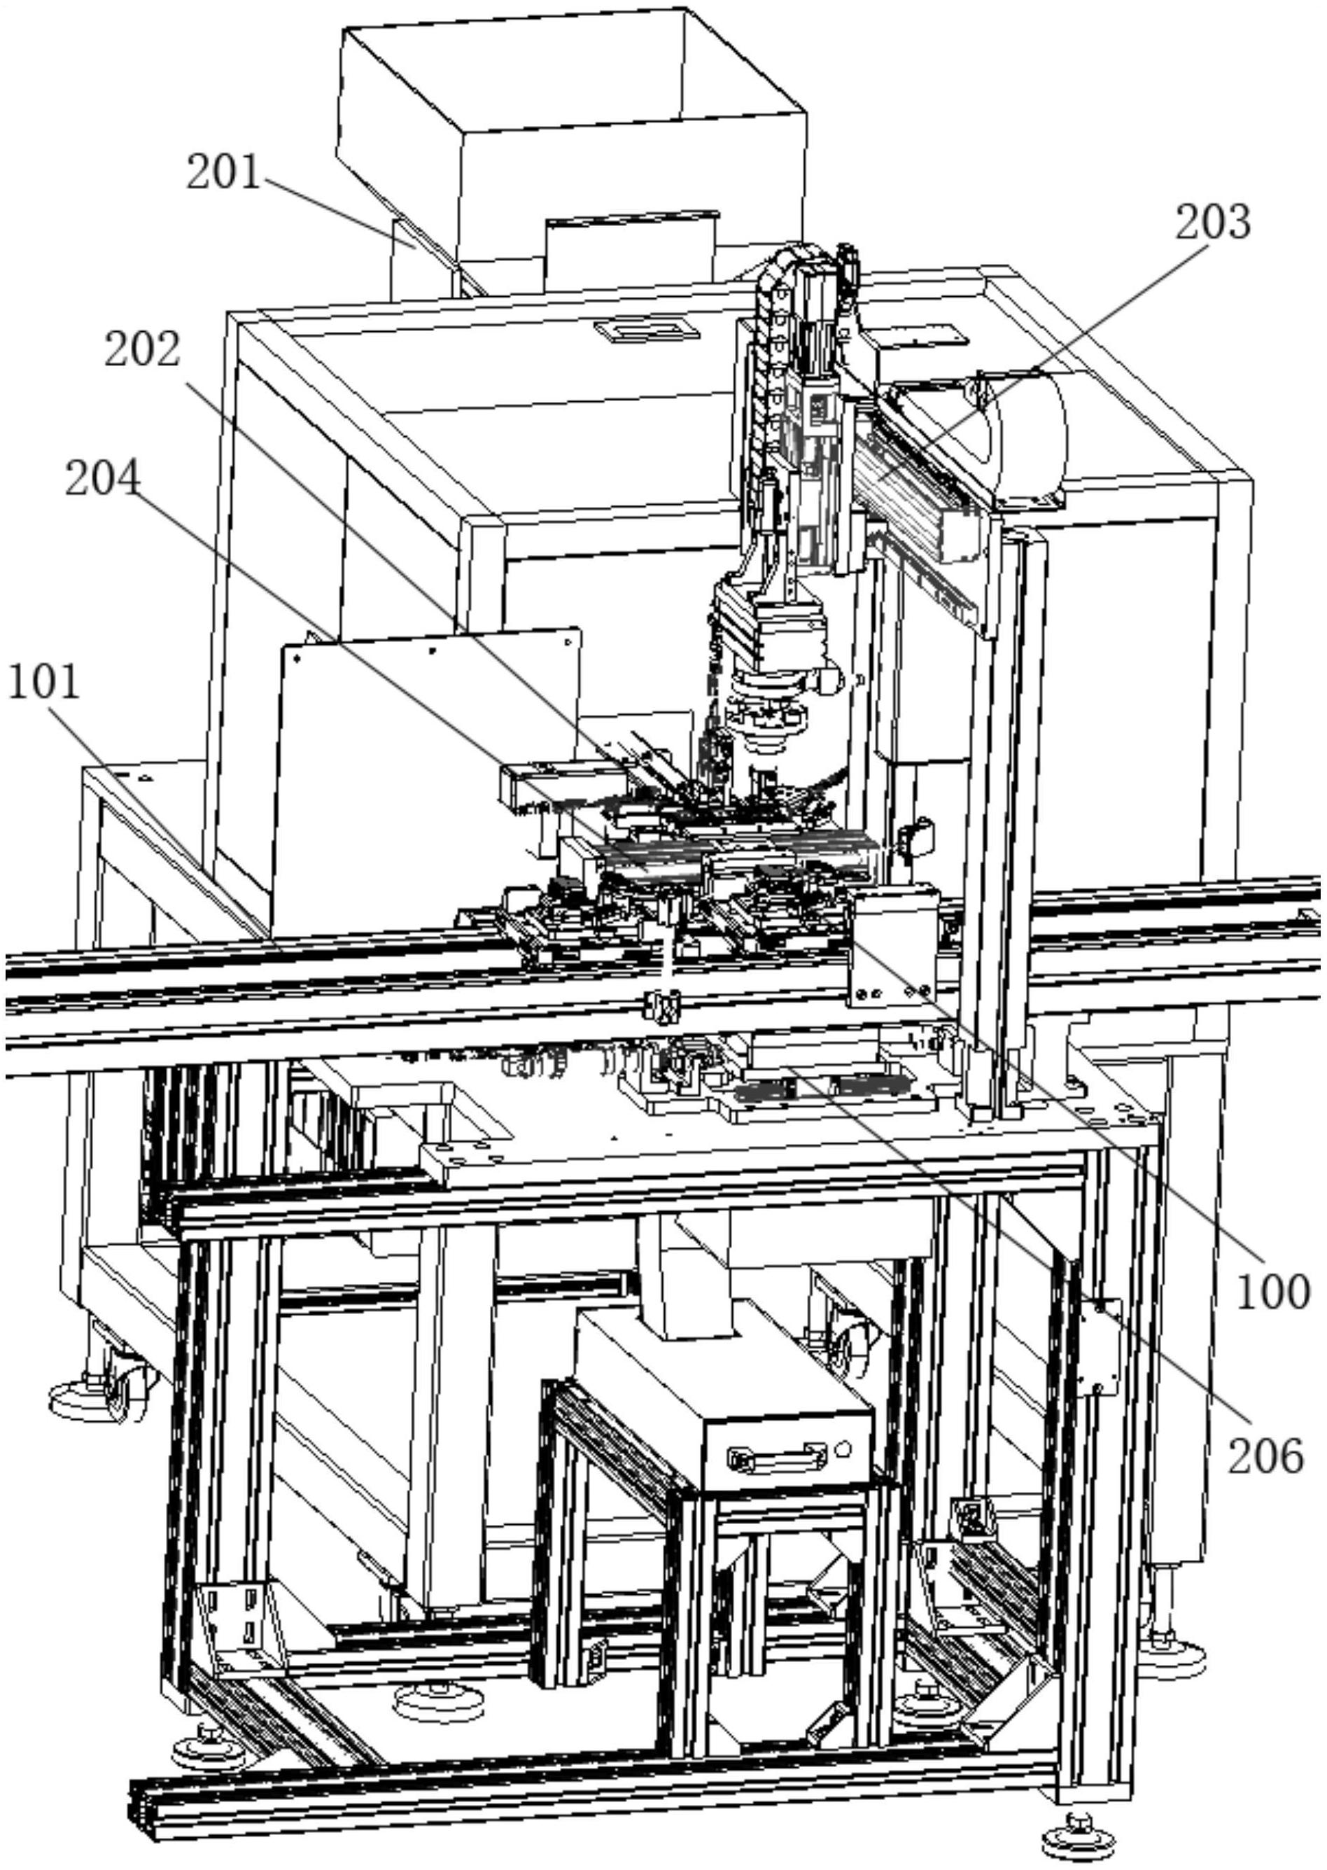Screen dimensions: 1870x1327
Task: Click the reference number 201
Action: (223, 172)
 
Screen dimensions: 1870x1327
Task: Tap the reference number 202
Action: (141, 350)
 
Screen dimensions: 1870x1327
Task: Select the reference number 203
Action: (1213, 223)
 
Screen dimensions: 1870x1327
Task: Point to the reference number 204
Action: (102, 478)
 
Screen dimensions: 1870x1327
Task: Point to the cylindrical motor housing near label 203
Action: (1025, 438)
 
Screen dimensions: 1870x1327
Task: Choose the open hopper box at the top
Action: (572, 147)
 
